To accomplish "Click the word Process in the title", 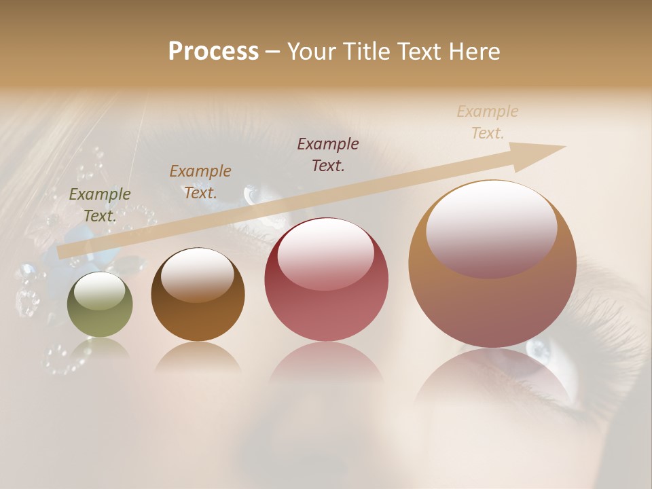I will [x=213, y=52].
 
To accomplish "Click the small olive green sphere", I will [x=100, y=305].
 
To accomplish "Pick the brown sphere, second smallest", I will [x=198, y=295].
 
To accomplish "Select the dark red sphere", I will [x=327, y=280].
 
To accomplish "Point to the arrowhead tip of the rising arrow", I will [x=564, y=147].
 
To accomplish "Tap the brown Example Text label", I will [x=200, y=182].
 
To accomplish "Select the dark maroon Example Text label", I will [x=328, y=154].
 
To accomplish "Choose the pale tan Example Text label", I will [x=488, y=122].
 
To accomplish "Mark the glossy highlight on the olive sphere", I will [x=99, y=291].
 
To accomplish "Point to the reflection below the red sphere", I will [x=327, y=370].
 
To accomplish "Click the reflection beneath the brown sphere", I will [x=198, y=357].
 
